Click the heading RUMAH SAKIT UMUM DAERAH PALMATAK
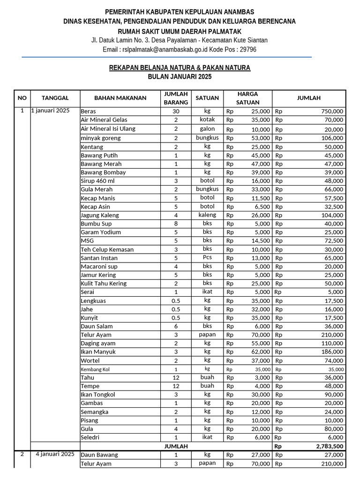180,31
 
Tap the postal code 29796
247,49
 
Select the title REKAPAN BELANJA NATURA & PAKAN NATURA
180,68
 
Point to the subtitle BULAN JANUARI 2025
180,76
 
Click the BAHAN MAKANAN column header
120,98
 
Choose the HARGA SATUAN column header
247,98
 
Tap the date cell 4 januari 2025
55,454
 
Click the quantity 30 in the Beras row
176,112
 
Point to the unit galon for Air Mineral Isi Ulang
207,129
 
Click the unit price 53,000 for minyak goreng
260,138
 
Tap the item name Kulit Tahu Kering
104,284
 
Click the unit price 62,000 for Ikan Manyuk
260,352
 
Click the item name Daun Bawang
99,455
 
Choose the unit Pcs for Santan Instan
207,257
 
